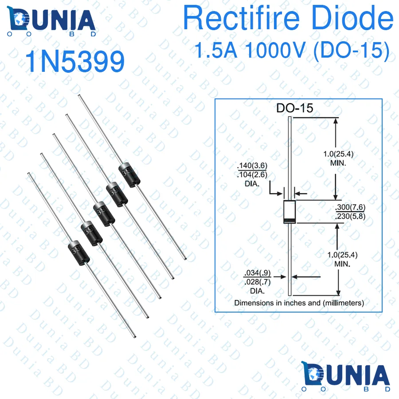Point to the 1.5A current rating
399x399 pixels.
point(218,51)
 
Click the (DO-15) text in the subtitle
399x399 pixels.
point(351,51)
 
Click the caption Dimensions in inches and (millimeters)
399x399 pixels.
point(299,303)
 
